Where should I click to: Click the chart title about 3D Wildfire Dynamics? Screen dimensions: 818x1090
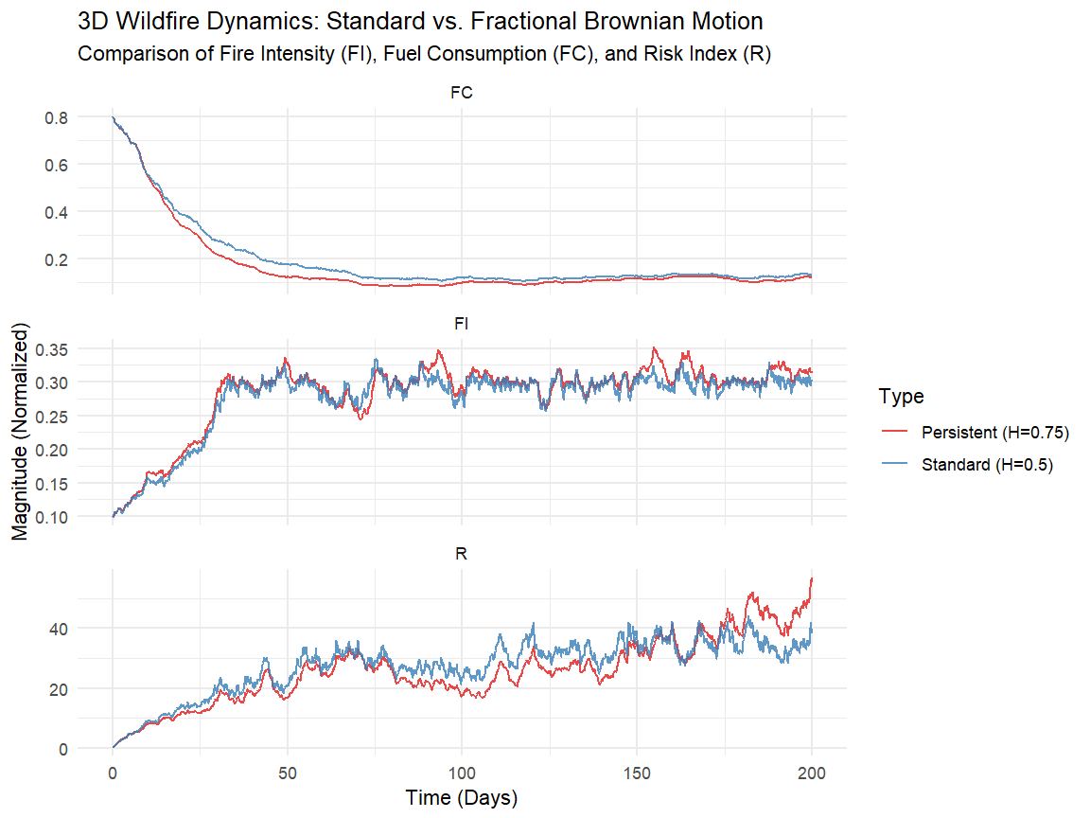420,21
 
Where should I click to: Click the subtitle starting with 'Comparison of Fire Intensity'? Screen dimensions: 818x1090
425,54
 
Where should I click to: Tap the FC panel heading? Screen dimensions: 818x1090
462,93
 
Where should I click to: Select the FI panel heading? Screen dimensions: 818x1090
462,324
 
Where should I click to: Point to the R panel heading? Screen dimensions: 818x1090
462,554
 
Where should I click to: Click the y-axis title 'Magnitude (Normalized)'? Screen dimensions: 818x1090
20,430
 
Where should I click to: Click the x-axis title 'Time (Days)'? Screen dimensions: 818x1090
462,798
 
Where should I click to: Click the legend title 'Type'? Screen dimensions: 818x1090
901,396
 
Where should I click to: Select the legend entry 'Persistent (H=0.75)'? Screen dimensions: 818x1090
993,432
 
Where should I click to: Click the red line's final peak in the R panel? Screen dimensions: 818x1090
811,578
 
